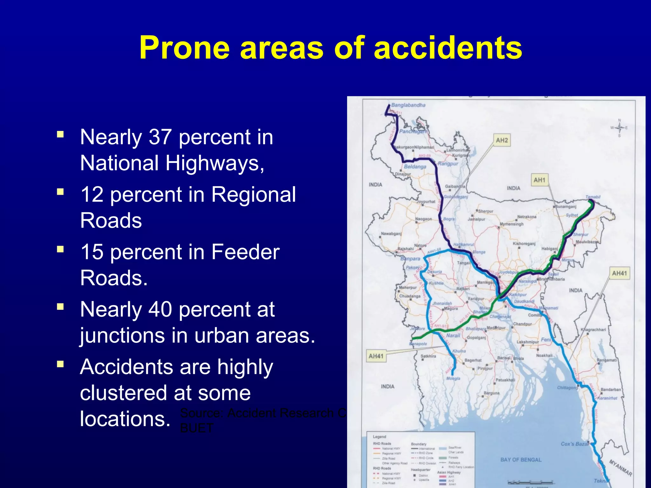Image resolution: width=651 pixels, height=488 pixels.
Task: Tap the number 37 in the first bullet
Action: point(161,137)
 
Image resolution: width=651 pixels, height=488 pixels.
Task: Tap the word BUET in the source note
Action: point(196,428)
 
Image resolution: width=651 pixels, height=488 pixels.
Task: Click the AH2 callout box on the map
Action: point(502,140)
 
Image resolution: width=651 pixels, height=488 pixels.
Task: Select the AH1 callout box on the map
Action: point(539,180)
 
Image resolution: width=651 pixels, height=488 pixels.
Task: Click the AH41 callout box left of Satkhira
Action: point(376,356)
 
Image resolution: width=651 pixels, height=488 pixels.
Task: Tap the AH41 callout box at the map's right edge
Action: point(619,273)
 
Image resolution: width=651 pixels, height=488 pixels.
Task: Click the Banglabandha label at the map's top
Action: point(408,105)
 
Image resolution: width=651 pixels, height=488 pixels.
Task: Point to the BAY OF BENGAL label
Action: point(521,460)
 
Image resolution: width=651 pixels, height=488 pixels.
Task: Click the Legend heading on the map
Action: point(379,437)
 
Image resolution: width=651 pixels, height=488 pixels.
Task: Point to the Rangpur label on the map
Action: point(448,164)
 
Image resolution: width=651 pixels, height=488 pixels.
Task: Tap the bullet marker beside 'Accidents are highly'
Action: point(60,364)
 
